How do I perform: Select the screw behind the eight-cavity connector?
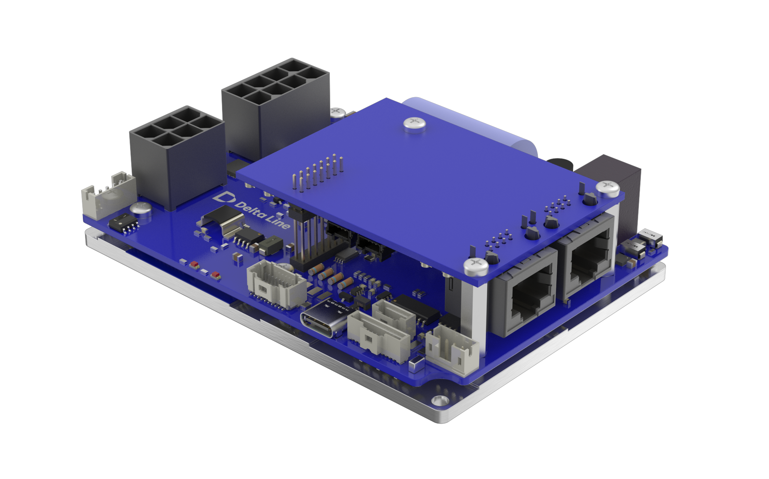[x=338, y=112]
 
